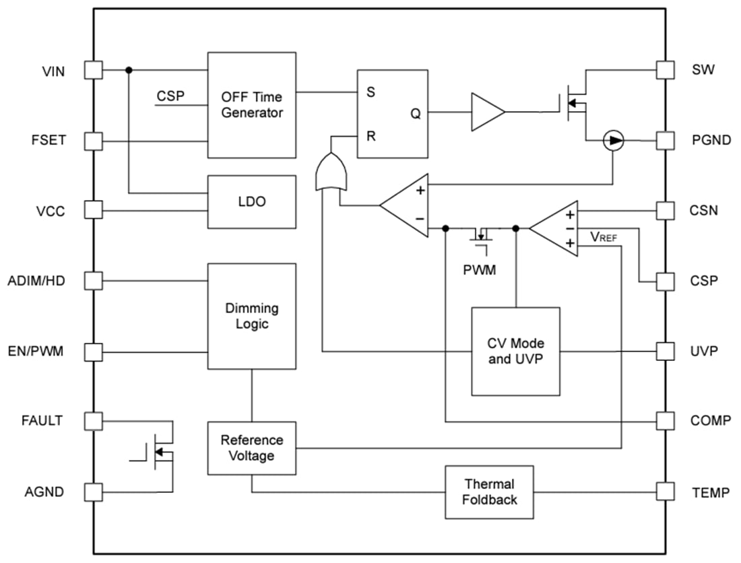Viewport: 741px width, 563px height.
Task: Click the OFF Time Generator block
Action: (251, 105)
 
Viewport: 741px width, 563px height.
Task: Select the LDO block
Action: (251, 201)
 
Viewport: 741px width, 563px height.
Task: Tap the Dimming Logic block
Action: (251, 316)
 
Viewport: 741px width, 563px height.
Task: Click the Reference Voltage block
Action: (251, 447)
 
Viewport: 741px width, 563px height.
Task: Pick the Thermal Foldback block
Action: (489, 492)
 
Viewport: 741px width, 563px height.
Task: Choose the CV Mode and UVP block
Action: (515, 351)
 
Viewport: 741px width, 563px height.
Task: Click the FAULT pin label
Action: (42, 421)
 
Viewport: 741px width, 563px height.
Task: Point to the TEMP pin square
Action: (665, 492)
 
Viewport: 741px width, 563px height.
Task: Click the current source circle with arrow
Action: (613, 140)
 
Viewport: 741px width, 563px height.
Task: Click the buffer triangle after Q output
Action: (486, 112)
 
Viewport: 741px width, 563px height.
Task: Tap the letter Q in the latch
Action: (416, 113)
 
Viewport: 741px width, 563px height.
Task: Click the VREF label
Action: (603, 236)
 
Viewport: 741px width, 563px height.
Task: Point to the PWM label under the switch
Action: (480, 270)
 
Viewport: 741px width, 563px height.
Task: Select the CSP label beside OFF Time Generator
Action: (170, 96)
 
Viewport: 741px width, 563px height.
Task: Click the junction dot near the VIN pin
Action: (129, 69)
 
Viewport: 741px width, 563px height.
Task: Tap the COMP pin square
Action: (665, 421)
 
